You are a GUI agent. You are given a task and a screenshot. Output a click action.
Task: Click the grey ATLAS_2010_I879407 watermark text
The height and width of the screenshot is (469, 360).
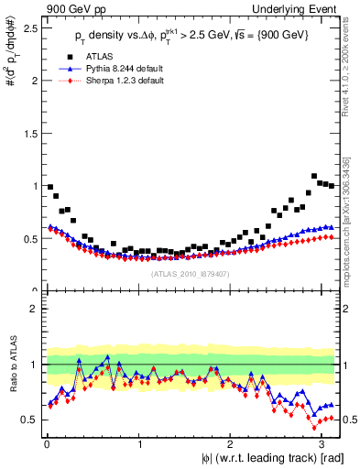click(191, 273)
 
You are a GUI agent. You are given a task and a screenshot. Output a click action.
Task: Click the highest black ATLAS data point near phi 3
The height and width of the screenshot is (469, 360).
click(314, 176)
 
